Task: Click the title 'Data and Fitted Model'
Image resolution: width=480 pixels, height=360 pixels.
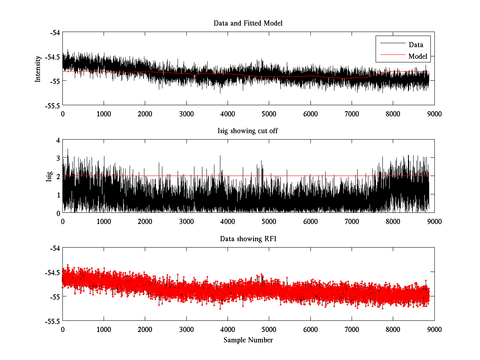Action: (248, 23)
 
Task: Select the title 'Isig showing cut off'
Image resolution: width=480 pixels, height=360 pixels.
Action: (248, 131)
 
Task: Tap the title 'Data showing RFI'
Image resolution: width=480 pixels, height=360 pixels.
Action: (248, 239)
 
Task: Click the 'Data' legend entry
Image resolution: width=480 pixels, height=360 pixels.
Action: (416, 45)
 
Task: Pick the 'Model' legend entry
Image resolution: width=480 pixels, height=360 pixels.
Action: (418, 56)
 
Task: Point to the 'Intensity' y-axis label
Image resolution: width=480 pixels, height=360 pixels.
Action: (38, 69)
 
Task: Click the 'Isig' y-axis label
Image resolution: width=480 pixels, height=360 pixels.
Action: (49, 176)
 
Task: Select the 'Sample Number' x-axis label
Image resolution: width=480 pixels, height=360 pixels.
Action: (248, 340)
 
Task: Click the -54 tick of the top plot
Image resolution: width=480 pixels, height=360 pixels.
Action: (55, 32)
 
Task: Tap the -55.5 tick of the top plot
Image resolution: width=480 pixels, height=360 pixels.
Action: (52, 105)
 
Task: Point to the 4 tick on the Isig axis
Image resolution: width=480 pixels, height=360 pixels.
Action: (58, 140)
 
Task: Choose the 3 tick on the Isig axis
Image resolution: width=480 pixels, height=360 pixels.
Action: (58, 158)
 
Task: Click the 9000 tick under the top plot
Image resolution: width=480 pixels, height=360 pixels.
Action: (434, 114)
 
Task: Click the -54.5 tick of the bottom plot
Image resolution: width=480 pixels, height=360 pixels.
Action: (52, 272)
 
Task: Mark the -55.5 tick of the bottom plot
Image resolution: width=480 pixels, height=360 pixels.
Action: (52, 321)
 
